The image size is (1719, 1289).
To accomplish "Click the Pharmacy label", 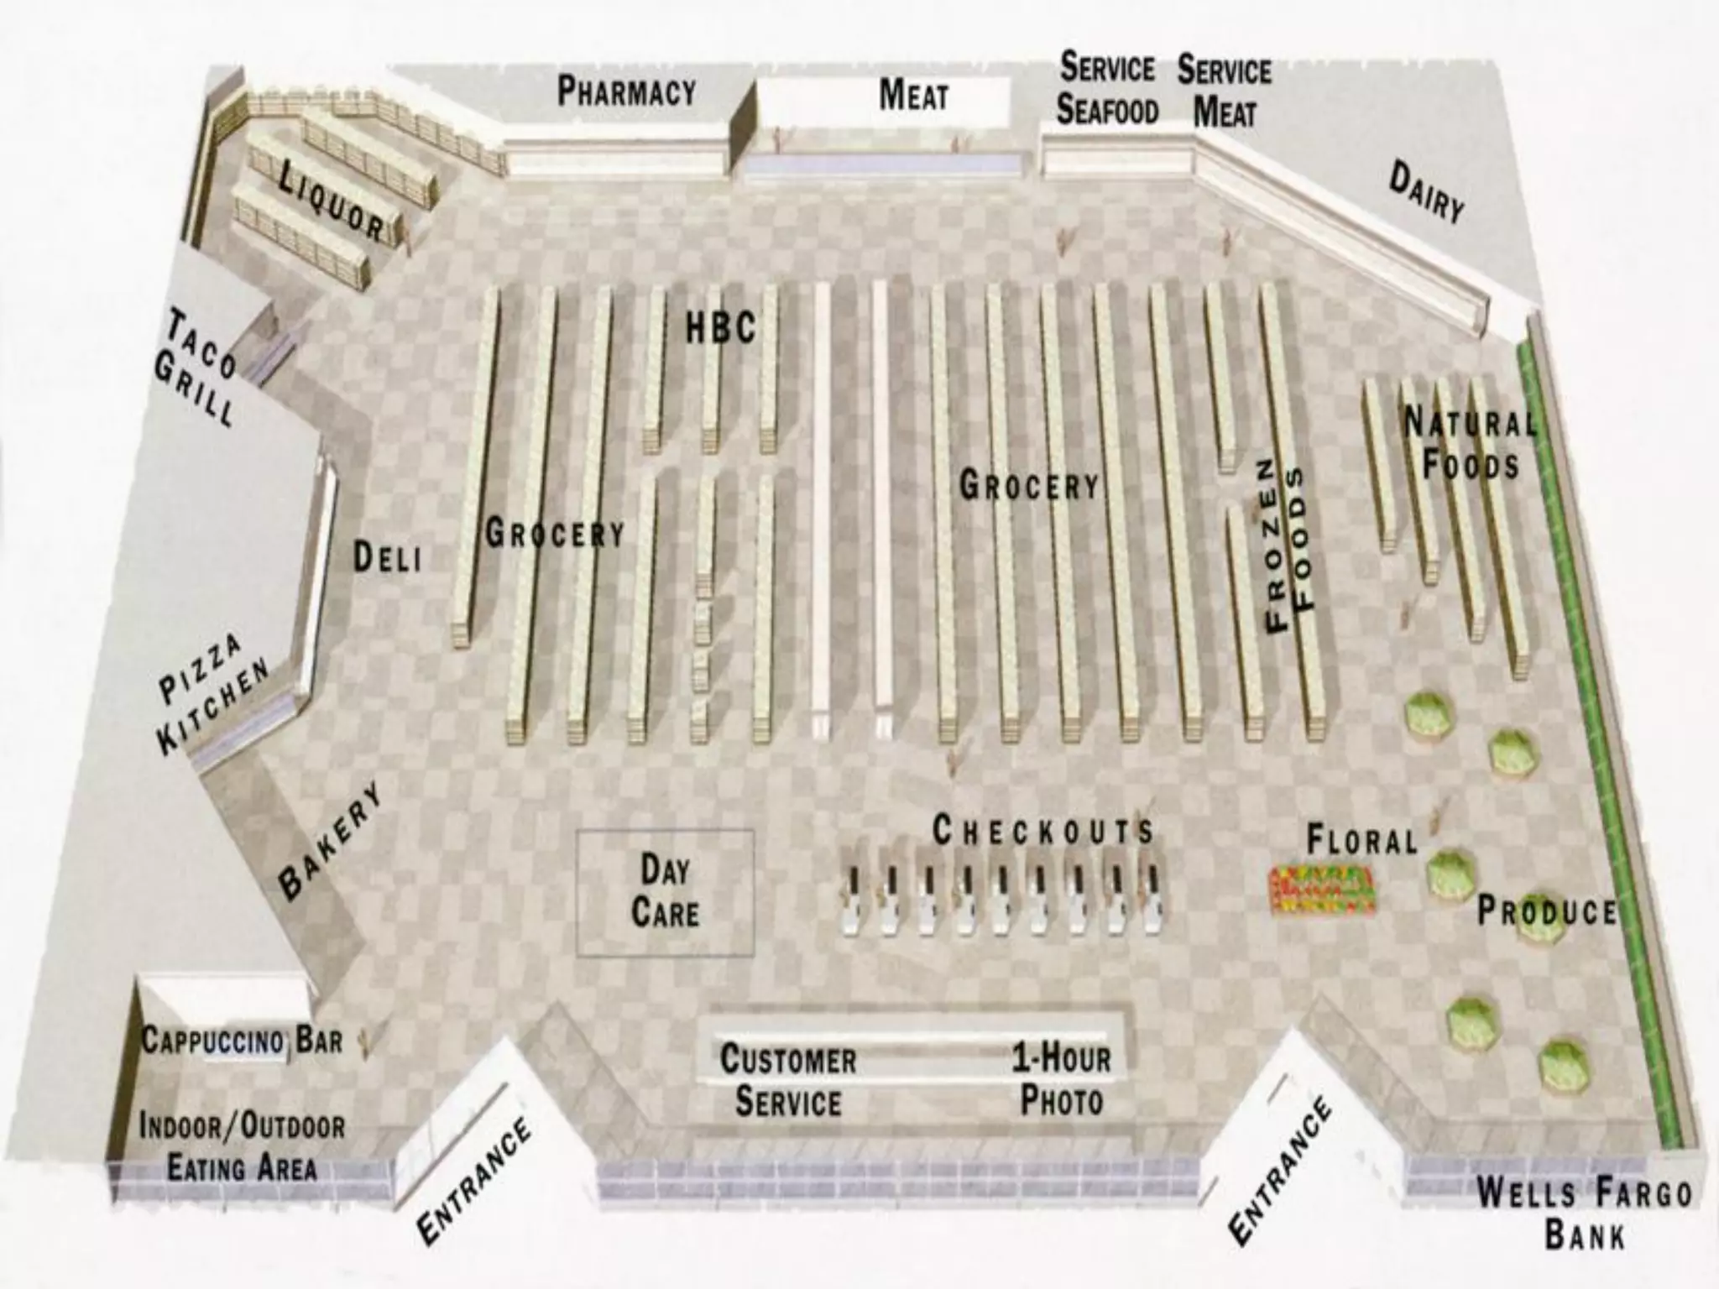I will click(626, 91).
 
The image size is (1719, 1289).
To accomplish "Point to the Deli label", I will click(386, 557).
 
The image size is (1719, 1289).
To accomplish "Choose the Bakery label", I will click(330, 842).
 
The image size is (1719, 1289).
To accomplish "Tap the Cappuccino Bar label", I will click(242, 1041).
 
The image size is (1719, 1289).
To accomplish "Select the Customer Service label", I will click(788, 1080).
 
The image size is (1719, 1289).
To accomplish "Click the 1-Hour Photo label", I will click(1061, 1079).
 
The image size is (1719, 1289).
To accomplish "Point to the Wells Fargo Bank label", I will click(1584, 1213).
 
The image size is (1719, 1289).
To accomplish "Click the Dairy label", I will click(1426, 192).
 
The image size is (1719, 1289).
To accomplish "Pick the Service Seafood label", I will click(1107, 88).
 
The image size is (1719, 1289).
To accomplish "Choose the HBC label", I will click(720, 327).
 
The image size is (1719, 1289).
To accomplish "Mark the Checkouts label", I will click(1042, 831).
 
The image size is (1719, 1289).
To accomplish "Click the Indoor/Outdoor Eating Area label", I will click(242, 1146).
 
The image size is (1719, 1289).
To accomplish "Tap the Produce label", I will click(1546, 911).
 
